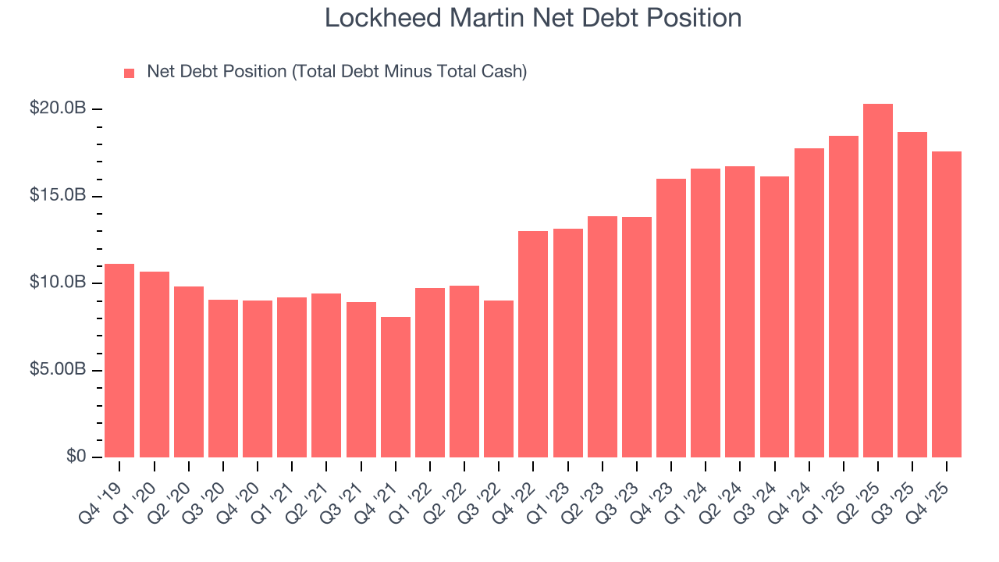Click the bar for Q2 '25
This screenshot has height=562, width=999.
pos(878,281)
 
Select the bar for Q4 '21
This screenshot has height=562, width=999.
pos(396,387)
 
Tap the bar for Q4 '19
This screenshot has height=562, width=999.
pos(119,361)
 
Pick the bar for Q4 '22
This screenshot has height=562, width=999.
pos(533,344)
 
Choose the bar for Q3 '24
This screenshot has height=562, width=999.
pos(774,317)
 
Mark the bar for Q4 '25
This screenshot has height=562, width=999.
pos(947,304)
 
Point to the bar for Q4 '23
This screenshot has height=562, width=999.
pos(671,318)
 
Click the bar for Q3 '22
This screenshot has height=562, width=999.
pos(499,379)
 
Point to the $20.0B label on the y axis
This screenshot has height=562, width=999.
pos(57,108)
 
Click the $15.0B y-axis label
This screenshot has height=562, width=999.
pos(57,195)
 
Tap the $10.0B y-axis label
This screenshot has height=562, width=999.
pos(57,283)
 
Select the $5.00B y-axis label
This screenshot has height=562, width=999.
pos(57,370)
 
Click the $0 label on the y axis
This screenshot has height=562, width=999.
pos(75,457)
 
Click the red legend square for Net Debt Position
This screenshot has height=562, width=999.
pos(130,73)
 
